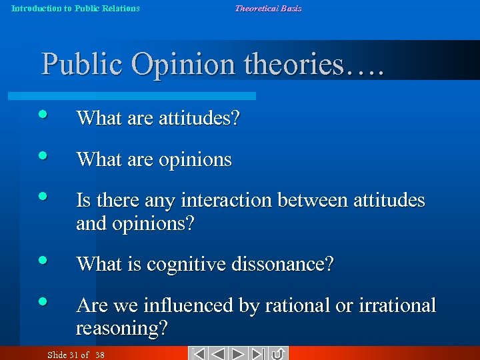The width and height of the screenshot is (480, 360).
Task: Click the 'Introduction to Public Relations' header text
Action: (x=75, y=9)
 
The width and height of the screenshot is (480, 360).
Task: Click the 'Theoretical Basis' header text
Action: (x=267, y=9)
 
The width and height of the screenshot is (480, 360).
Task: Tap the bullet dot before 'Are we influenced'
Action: (x=43, y=301)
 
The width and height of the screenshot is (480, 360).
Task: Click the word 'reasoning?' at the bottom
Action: (x=122, y=328)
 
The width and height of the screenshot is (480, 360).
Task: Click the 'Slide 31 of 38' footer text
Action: (x=76, y=355)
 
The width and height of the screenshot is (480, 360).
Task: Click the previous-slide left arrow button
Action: (x=218, y=354)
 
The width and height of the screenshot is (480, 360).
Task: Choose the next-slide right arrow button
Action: (x=239, y=354)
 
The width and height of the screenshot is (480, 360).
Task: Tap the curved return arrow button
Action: (x=278, y=354)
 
